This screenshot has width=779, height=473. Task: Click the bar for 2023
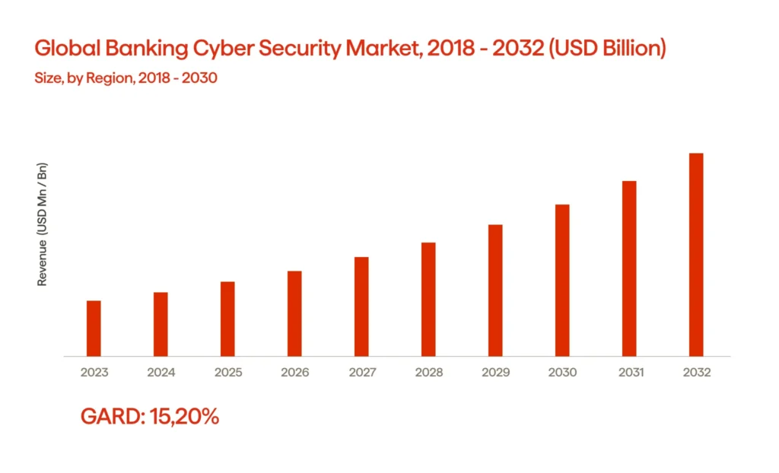click(94, 328)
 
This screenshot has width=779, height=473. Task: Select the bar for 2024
click(161, 324)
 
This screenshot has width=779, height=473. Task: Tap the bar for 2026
click(294, 313)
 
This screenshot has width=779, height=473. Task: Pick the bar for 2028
click(428, 299)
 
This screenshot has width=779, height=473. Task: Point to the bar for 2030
click(562, 280)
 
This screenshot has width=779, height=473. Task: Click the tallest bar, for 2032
click(696, 254)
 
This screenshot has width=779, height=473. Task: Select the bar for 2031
click(629, 268)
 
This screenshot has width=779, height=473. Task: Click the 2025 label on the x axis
click(227, 373)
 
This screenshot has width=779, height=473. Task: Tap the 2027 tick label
click(361, 373)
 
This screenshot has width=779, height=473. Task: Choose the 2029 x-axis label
click(495, 373)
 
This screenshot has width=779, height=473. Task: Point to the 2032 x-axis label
click(696, 373)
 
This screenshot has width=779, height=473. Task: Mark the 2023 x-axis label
click(94, 373)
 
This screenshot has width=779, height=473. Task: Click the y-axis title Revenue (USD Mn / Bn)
click(43, 224)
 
